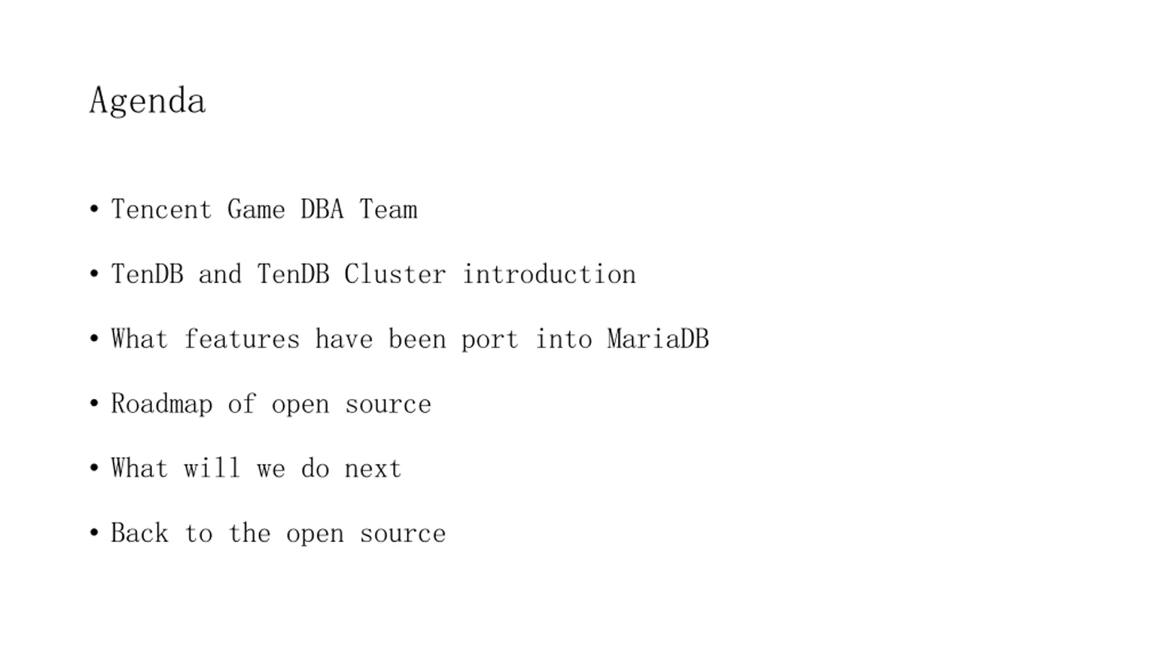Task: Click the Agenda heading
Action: pyautogui.click(x=147, y=101)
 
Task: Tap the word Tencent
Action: pyautogui.click(x=162, y=209)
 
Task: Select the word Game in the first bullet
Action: pyautogui.click(x=256, y=209)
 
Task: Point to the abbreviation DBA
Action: pyautogui.click(x=322, y=209)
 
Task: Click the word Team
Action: pyautogui.click(x=388, y=209)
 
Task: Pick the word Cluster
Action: pyautogui.click(x=395, y=274)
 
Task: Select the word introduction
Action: pyautogui.click(x=549, y=274)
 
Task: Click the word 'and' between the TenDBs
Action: pyautogui.click(x=220, y=274)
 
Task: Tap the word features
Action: pyautogui.click(x=242, y=339)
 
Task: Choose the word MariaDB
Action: pyautogui.click(x=658, y=339)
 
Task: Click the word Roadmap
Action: pyautogui.click(x=162, y=404)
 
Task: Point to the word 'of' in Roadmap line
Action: pyautogui.click(x=242, y=404)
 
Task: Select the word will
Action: pyautogui.click(x=212, y=469)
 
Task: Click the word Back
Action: pyautogui.click(x=140, y=533)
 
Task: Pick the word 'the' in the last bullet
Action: pyautogui.click(x=249, y=533)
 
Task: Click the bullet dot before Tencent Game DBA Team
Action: pyautogui.click(x=94, y=209)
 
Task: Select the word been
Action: pyautogui.click(x=417, y=339)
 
